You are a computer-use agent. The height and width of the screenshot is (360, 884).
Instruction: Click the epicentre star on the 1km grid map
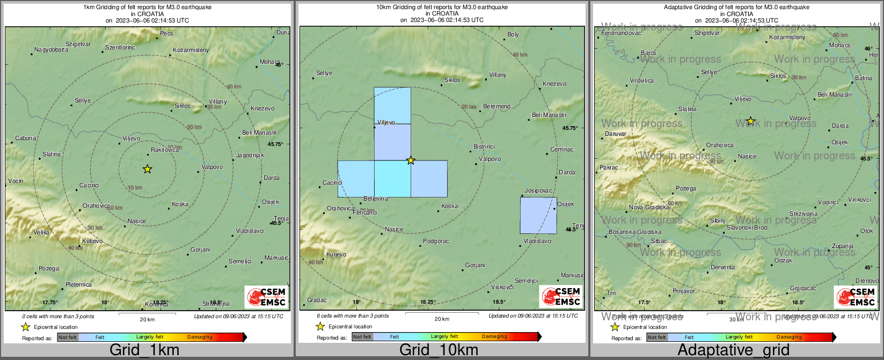[x=148, y=169]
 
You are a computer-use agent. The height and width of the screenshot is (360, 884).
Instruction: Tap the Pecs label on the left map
[x=167, y=33]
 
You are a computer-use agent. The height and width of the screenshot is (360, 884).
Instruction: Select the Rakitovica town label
[x=165, y=150]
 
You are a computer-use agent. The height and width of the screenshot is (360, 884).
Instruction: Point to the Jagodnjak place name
[x=250, y=155]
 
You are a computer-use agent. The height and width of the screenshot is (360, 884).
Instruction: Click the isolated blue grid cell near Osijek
[x=538, y=215]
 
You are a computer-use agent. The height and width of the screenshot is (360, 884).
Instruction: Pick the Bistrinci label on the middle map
[x=484, y=146]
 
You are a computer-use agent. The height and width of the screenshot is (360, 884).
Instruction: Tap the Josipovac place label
[x=538, y=190]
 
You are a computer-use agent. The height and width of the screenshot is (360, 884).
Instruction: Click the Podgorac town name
[x=436, y=241]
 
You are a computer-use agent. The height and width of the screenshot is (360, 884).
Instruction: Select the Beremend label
[x=496, y=106]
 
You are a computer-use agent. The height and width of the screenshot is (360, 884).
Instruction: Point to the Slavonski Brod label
[x=747, y=227]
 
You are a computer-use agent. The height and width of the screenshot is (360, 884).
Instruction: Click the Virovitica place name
[x=642, y=80]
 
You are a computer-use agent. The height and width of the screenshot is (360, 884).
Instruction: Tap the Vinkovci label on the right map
[x=859, y=200]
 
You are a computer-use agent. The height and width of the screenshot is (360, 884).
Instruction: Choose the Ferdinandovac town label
[x=621, y=33]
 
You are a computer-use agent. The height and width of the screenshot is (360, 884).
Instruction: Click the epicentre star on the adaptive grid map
[x=751, y=121]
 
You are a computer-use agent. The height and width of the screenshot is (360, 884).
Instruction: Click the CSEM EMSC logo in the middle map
[x=560, y=296]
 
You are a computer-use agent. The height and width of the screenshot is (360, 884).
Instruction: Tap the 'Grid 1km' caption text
[x=144, y=350]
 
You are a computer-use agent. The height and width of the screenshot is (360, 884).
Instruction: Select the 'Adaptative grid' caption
[x=733, y=350]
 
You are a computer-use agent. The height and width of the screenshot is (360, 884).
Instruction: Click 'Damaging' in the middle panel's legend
[x=494, y=336]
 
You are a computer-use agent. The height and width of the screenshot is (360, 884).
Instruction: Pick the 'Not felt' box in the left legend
[x=68, y=337]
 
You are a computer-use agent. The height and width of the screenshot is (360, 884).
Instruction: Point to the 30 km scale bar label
[x=736, y=319]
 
